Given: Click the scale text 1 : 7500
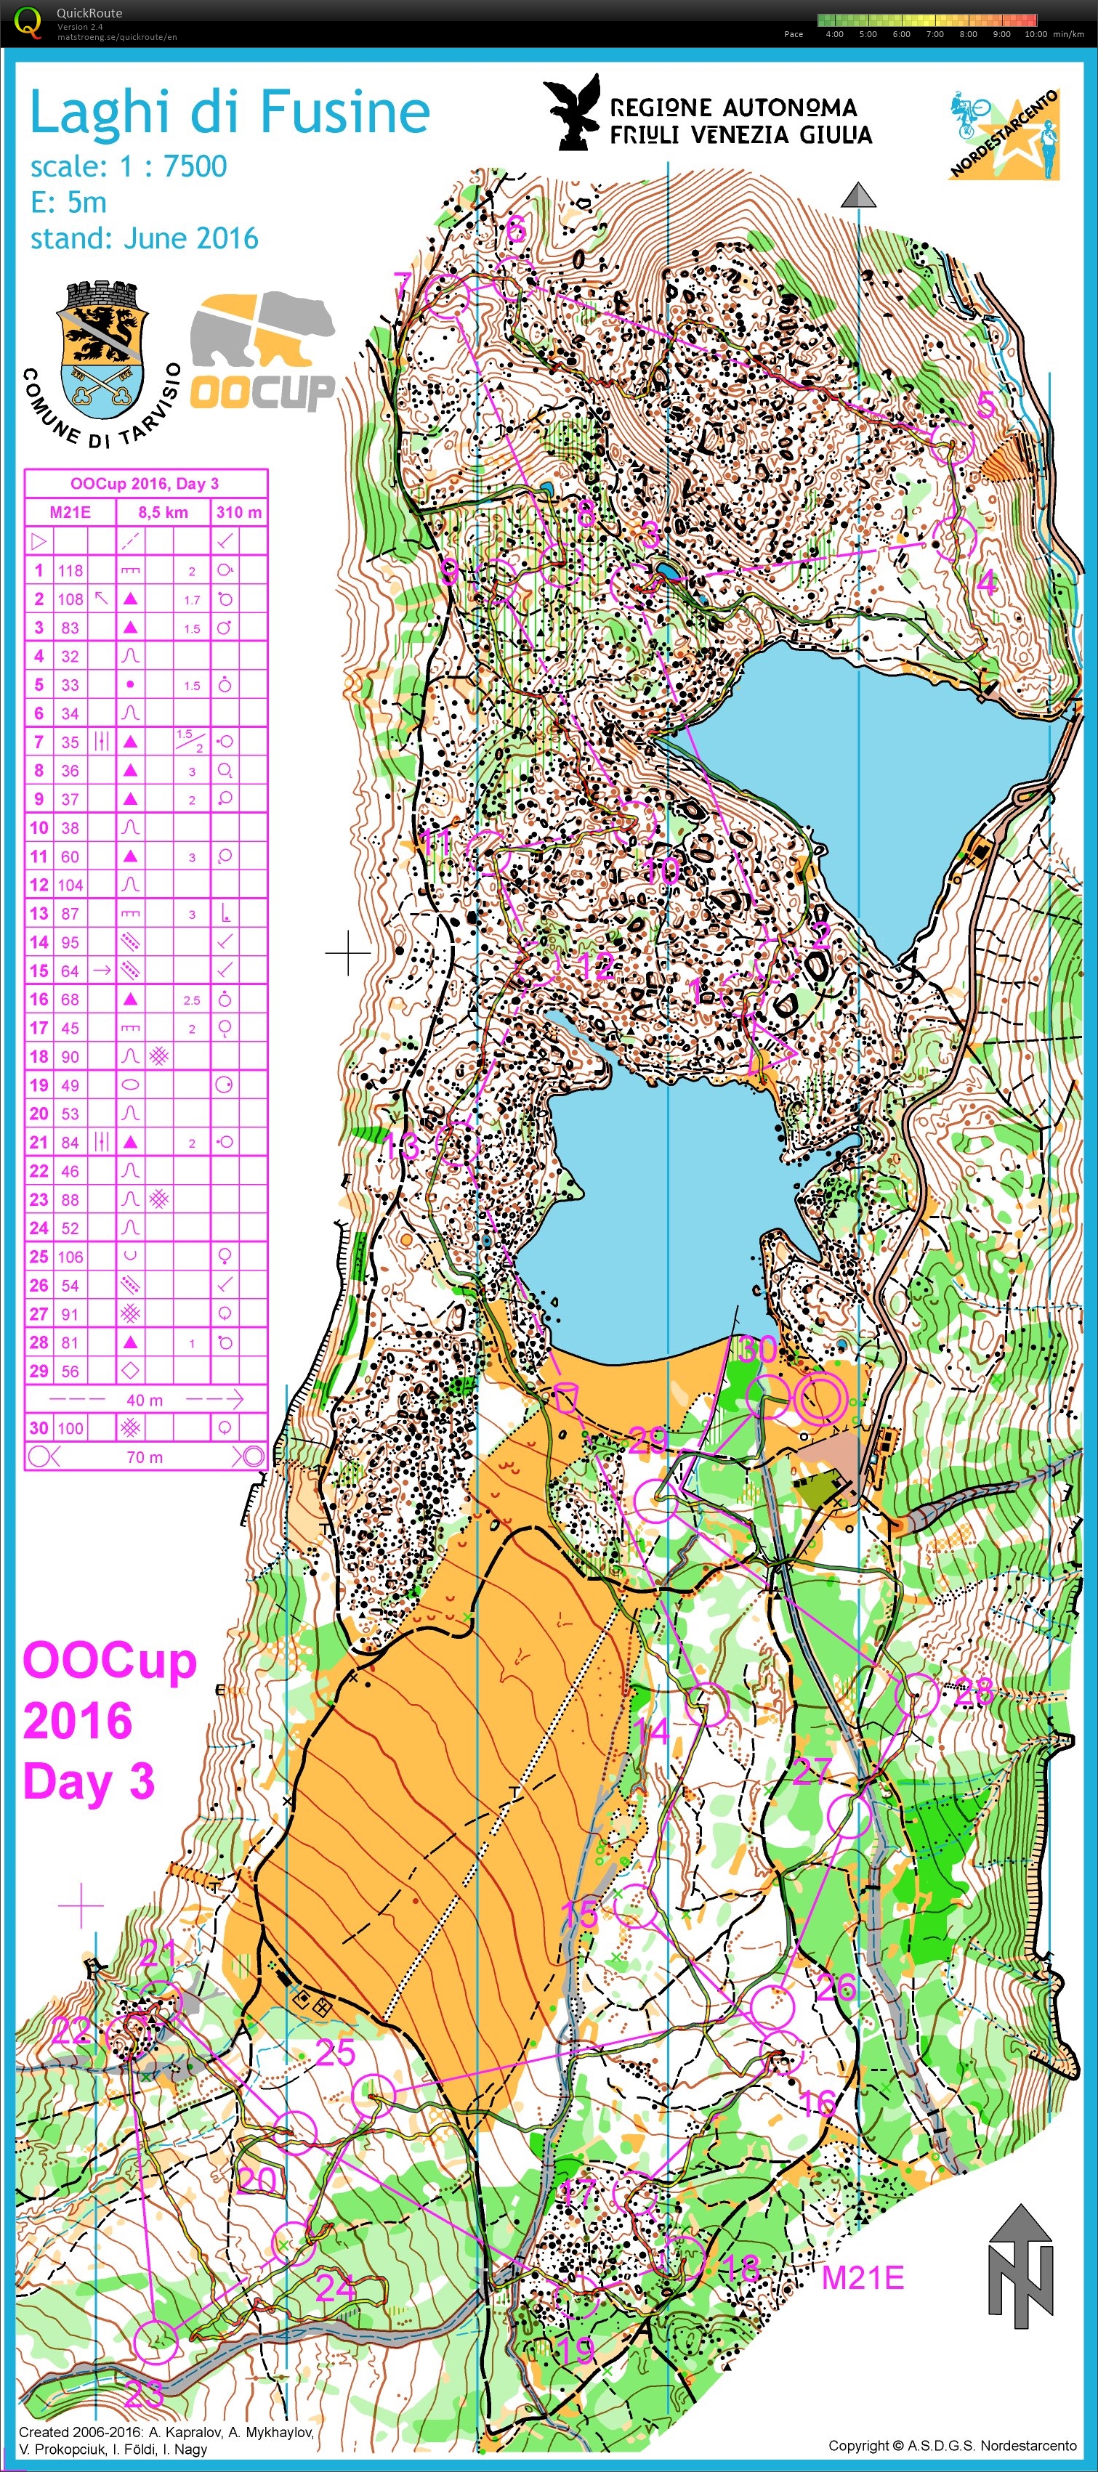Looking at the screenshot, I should [x=173, y=166].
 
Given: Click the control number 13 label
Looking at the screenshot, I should [x=402, y=1145].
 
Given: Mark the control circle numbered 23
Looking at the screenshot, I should [x=155, y=2341].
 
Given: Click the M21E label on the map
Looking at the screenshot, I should [x=862, y=2278].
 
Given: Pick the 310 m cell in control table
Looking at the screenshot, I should [x=238, y=512].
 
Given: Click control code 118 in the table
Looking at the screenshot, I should [x=70, y=570].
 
